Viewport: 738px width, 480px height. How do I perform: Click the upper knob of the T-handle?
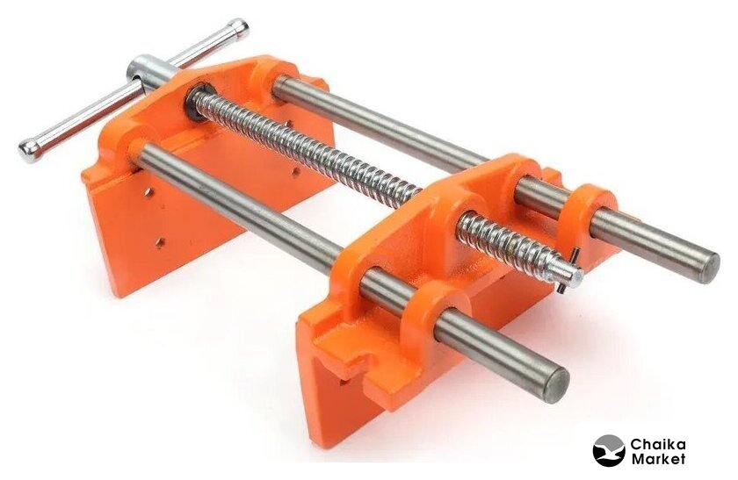(238, 29)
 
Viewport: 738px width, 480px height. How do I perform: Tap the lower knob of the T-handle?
(30, 150)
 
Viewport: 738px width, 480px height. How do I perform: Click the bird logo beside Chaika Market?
(609, 450)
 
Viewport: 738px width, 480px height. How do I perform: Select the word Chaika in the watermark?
(658, 444)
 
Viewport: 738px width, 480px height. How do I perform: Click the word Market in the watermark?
(658, 459)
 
